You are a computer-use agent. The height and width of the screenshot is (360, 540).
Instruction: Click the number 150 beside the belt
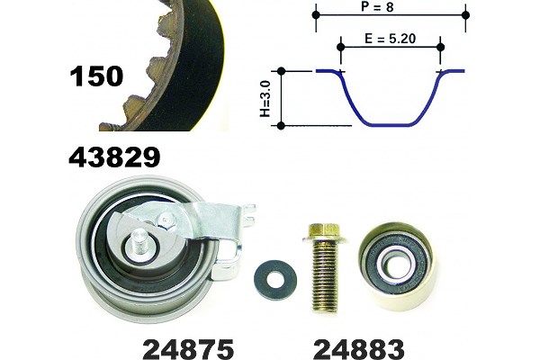tap(96, 76)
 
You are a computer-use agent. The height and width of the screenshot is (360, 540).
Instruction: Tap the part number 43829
tap(114, 157)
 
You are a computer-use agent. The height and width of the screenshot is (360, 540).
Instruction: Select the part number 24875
tap(188, 349)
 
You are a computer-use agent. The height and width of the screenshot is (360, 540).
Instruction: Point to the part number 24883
tap(359, 349)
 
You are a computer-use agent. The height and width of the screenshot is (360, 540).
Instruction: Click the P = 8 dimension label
tap(377, 6)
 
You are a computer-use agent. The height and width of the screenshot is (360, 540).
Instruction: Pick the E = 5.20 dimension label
tap(391, 39)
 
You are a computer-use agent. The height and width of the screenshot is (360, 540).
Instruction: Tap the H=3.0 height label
tap(265, 99)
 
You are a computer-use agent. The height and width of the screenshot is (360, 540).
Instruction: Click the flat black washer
tap(275, 280)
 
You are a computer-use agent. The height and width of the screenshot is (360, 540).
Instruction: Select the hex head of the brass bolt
tap(324, 232)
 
